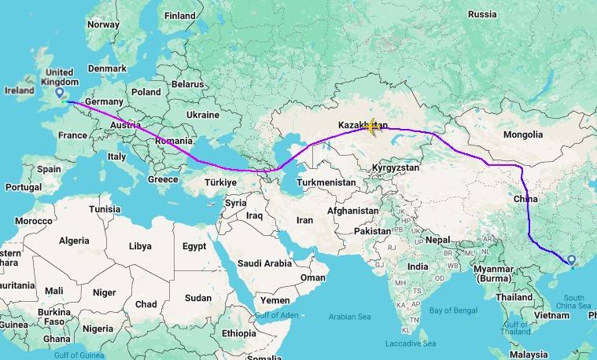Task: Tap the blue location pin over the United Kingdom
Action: pos(60,94)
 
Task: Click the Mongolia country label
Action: pos(523,134)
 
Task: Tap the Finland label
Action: pos(180,16)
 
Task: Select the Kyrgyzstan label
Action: pos(398,168)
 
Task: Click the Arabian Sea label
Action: pos(354,317)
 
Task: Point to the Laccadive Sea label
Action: pos(410,343)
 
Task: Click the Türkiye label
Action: pos(220,182)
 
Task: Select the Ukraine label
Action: pos(202,114)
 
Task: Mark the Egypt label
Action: pos(194,246)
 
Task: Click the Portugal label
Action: pos(23,187)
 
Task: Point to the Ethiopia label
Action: pos(238,333)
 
